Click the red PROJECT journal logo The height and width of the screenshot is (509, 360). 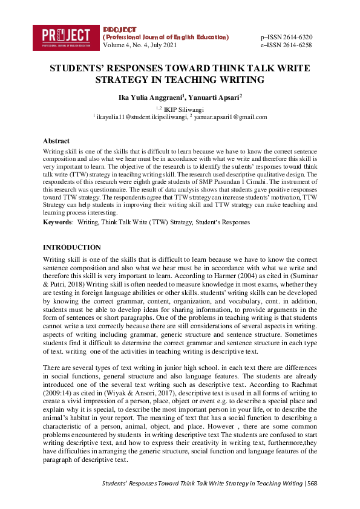pyautogui.click(x=66, y=36)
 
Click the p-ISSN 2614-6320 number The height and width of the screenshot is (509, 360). pyautogui.click(x=286, y=37)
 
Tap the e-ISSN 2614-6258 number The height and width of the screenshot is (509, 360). pyautogui.click(x=286, y=45)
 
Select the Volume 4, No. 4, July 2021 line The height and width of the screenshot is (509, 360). pyautogui.click(x=140, y=45)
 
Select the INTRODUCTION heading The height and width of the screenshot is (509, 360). pyautogui.click(x=72, y=247)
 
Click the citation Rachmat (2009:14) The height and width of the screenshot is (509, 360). pyautogui.click(x=301, y=383)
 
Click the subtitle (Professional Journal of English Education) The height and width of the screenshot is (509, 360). pyautogui.click(x=166, y=37)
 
